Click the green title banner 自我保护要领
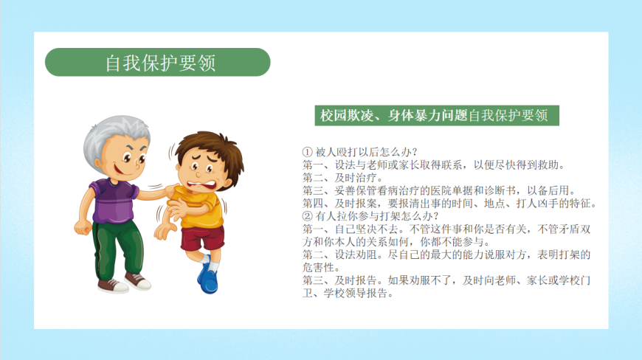pos(158,62)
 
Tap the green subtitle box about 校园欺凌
pos(437,115)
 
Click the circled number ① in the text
pos(307,152)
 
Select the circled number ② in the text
pos(307,216)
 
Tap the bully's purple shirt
pos(114,201)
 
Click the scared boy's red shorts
pos(202,238)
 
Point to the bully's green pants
pos(117,249)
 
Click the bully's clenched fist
pos(83,227)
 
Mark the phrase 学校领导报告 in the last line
pos(356,294)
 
